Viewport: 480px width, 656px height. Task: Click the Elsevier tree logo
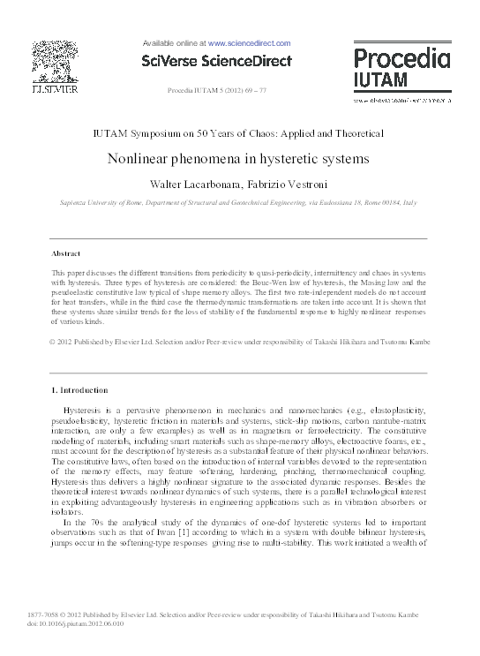tap(55, 60)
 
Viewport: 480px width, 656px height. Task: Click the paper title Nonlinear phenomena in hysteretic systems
tap(238, 160)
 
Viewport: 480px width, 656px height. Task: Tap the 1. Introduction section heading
tap(79, 390)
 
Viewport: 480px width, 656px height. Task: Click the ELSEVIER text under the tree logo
tap(55, 89)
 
